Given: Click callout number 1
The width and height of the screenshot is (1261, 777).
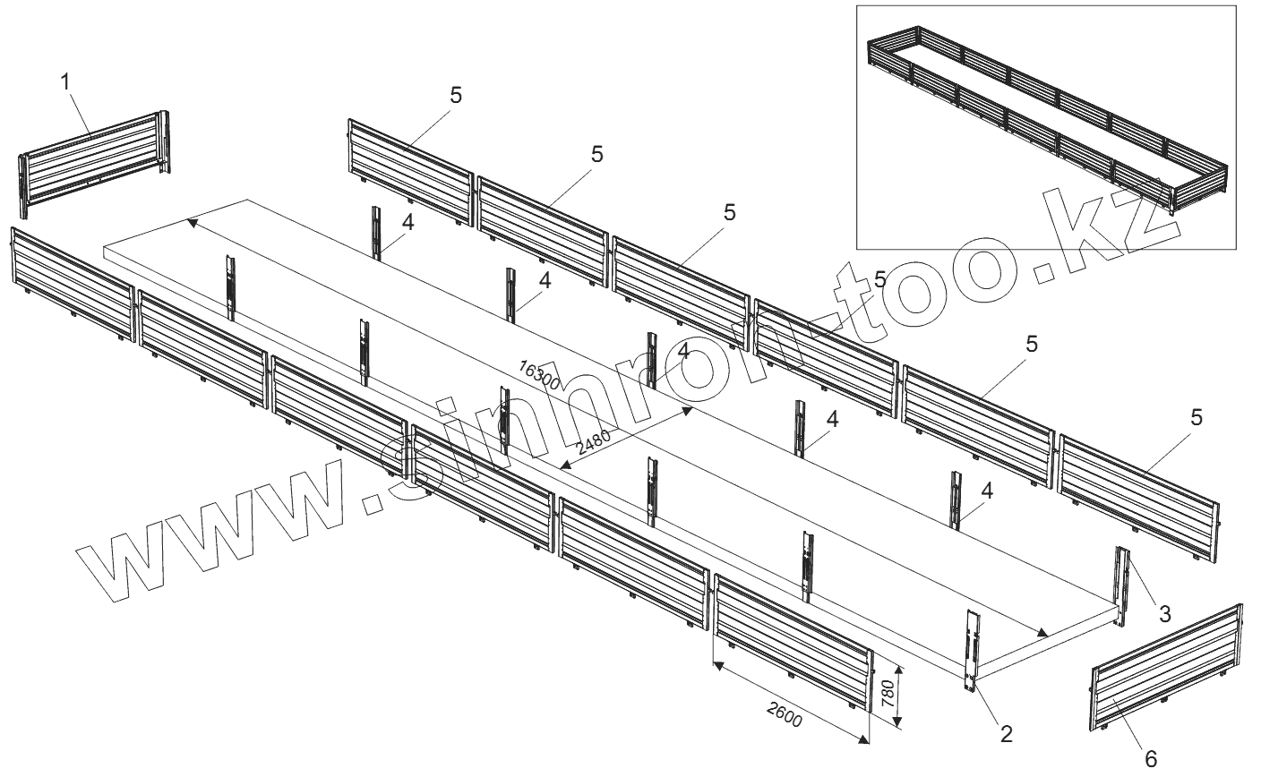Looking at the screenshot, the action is [64, 81].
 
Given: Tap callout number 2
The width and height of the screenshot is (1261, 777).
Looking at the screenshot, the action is [1006, 734].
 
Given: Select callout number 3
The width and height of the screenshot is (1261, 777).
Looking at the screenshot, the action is [1164, 614].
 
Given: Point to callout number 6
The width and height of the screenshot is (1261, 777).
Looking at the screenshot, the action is [1150, 757].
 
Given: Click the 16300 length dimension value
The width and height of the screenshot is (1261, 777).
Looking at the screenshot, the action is [539, 375].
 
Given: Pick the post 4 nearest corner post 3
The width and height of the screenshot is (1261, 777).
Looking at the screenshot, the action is [957, 501].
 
